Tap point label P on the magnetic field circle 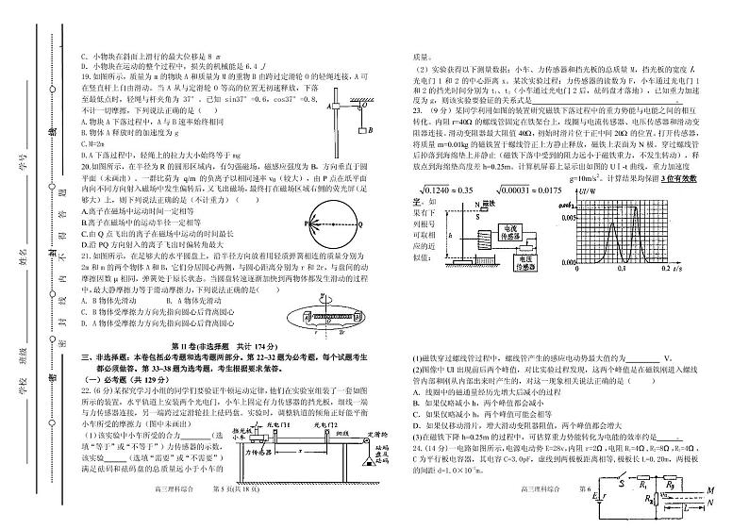[x=305, y=223]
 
